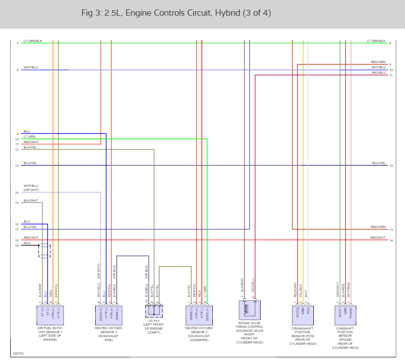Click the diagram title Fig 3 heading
click(x=176, y=13)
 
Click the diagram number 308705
click(x=19, y=353)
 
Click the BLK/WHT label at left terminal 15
click(x=31, y=201)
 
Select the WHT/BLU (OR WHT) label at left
click(x=31, y=188)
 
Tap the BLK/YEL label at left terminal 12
click(x=30, y=147)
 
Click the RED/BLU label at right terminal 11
click(x=378, y=72)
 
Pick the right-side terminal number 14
click(x=391, y=241)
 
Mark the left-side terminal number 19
click(x=17, y=246)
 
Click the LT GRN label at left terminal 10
click(x=29, y=136)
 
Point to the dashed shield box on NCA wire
click(x=44, y=250)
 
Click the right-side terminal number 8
click(x=390, y=43)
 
